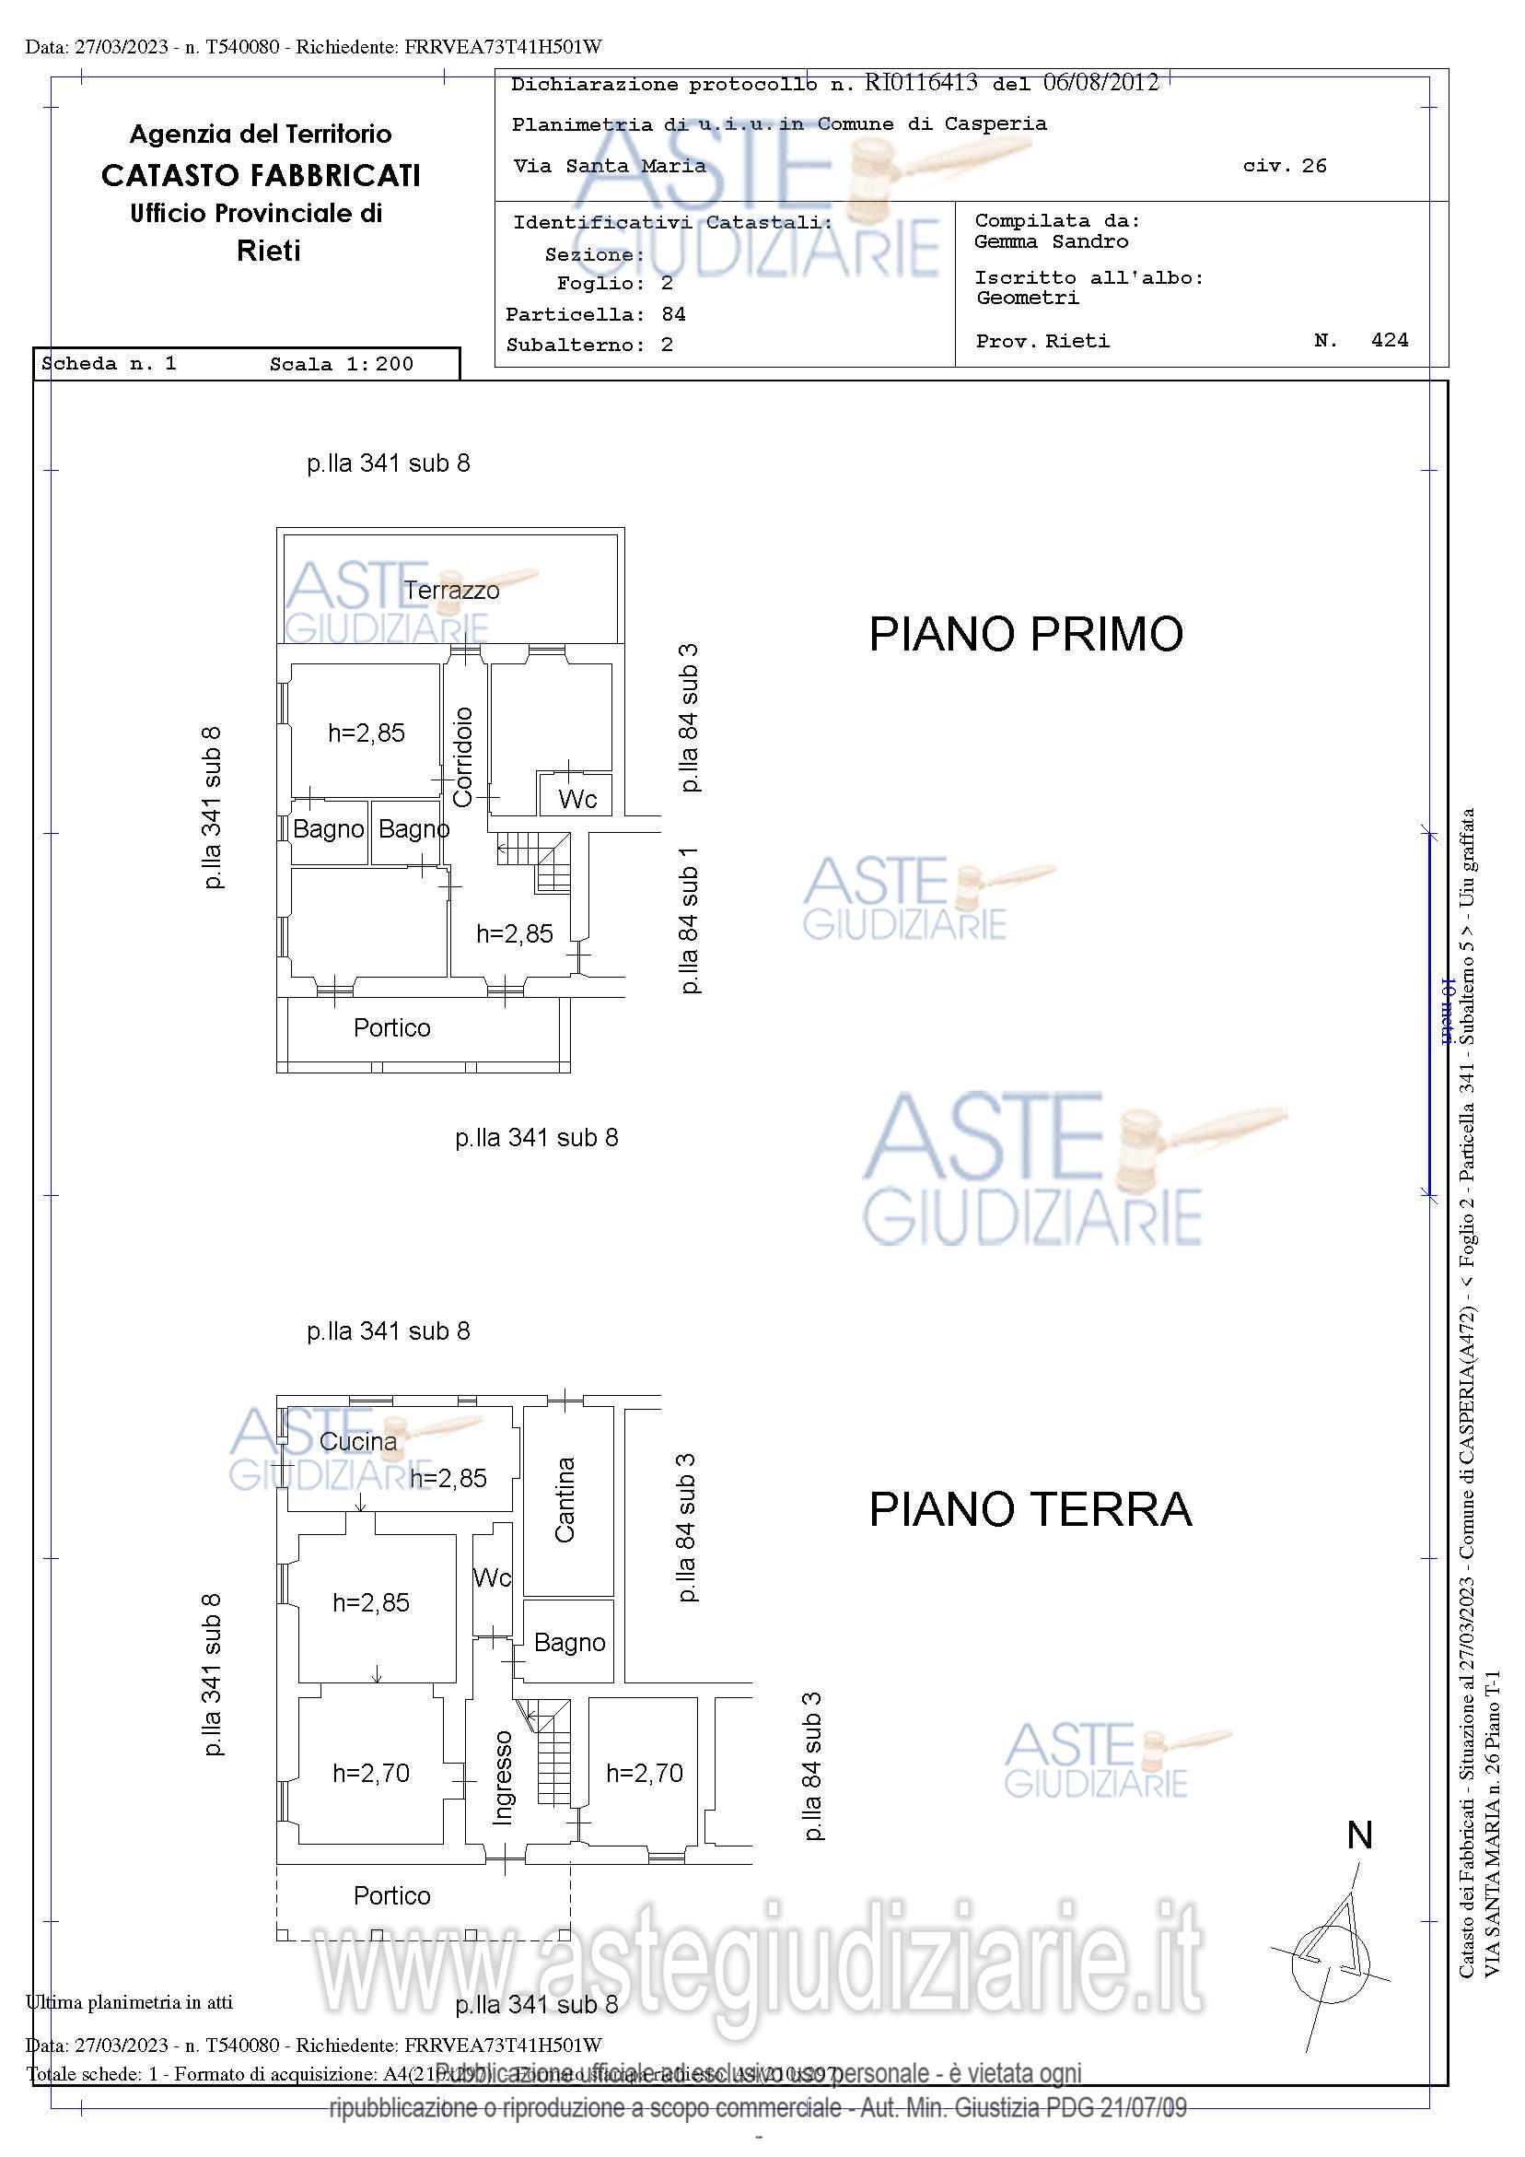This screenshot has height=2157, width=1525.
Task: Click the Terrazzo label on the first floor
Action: tap(451, 590)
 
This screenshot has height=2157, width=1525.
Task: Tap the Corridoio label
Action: tap(463, 756)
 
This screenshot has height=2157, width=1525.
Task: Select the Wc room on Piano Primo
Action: tap(576, 799)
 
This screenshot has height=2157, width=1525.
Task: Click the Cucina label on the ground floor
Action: tap(358, 1440)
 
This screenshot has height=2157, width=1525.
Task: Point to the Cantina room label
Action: tap(565, 1499)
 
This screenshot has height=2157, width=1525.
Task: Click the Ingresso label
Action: tap(504, 1776)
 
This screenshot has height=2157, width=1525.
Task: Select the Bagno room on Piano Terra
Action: tap(569, 1642)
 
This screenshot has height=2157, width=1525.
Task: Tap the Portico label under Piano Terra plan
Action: tap(391, 1895)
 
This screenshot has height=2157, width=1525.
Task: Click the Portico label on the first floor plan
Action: tap(391, 1026)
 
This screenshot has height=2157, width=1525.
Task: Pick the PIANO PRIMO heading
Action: tap(1026, 634)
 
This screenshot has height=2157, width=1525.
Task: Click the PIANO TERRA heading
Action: tap(1030, 1509)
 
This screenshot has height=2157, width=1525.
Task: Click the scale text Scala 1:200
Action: tap(341, 365)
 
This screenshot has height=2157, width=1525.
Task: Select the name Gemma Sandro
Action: tap(1051, 241)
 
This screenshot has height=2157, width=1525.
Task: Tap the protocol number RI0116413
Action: tap(920, 83)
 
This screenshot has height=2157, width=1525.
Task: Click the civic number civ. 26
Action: tap(1284, 166)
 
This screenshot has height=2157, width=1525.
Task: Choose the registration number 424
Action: tap(1389, 340)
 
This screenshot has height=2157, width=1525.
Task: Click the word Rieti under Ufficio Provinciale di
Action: tap(269, 251)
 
